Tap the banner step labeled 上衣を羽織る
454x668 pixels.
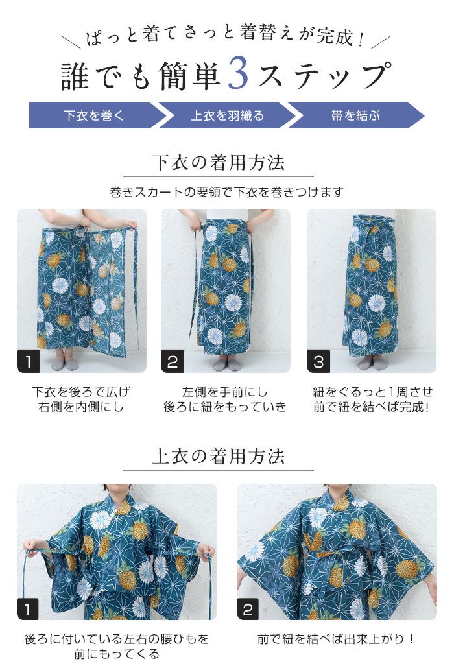(x=228, y=115)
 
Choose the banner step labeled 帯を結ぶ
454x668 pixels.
(x=356, y=115)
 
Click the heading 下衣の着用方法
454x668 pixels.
(x=219, y=163)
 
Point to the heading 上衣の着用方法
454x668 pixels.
(x=219, y=457)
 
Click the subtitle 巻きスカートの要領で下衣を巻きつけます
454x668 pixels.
(x=226, y=192)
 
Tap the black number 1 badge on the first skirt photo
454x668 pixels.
(x=28, y=361)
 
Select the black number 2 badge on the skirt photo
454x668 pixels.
(x=173, y=361)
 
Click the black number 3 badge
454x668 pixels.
(x=318, y=361)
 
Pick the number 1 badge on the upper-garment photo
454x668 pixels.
(x=28, y=609)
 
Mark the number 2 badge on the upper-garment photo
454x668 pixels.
(x=248, y=609)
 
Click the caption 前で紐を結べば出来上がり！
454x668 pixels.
(x=336, y=639)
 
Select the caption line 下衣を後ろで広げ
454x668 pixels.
(x=81, y=392)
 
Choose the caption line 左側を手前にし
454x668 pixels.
(x=225, y=392)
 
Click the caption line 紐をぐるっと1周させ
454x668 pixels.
(x=372, y=392)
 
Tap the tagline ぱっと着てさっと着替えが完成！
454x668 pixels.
(x=226, y=36)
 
